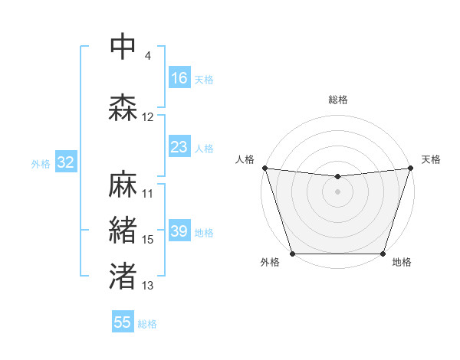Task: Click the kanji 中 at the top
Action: (123, 46)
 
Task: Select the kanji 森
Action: (123, 107)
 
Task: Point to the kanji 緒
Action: (123, 230)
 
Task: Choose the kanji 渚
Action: (123, 276)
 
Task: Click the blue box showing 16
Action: (179, 78)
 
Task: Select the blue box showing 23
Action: (179, 147)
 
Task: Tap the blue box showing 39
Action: (179, 232)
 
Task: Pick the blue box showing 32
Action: (65, 162)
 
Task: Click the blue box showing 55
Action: (123, 322)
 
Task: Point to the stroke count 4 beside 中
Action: (147, 56)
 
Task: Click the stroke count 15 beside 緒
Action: (148, 240)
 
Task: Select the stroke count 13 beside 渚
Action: (148, 286)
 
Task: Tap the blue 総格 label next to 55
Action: (147, 324)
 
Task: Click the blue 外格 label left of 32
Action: (41, 164)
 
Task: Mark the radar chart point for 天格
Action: (411, 168)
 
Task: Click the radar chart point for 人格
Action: (264, 168)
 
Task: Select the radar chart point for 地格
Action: (383, 254)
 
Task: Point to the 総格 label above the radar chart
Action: (338, 100)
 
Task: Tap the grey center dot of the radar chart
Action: (338, 191)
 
